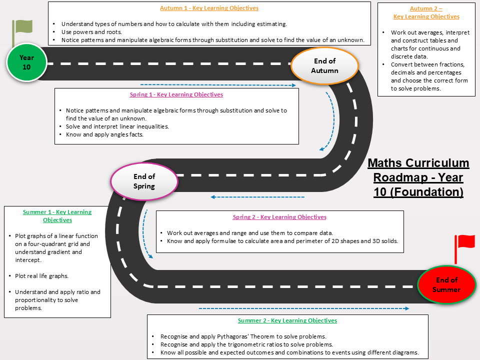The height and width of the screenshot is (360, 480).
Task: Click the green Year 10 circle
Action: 26,62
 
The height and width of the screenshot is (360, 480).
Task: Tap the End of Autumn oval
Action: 324,65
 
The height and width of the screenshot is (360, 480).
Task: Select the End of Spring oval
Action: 144,181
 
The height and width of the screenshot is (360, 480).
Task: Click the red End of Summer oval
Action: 446,284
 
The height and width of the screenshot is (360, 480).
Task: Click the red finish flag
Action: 464,248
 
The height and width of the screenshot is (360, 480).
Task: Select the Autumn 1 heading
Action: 209,8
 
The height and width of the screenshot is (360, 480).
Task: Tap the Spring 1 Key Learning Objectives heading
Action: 176,94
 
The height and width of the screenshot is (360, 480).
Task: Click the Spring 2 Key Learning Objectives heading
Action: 279,217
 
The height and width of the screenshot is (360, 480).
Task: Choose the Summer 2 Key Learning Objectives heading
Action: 287,320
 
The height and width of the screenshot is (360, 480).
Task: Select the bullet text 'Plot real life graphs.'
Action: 41,276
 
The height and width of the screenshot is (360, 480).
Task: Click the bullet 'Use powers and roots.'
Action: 91,32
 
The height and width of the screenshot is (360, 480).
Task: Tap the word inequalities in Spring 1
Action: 153,126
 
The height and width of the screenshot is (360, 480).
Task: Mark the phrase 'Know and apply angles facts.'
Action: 104,134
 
